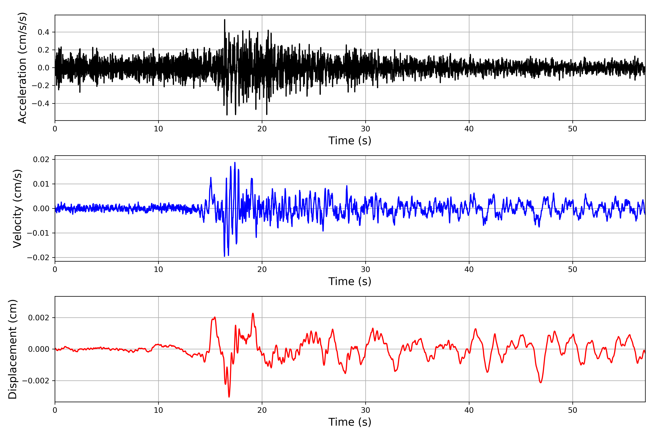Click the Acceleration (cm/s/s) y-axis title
point(22,68)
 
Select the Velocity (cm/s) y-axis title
point(17,209)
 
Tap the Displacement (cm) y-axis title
point(13,349)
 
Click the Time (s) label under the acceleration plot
point(350,141)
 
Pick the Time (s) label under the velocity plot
point(350,281)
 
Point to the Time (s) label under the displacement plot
point(350,422)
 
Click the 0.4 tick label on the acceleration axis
point(43,32)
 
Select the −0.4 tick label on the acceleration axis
point(40,103)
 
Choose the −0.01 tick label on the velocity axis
point(38,233)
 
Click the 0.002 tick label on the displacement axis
point(39,318)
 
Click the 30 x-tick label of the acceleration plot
point(365,129)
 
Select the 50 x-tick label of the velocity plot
point(573,269)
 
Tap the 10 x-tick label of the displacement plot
point(158,410)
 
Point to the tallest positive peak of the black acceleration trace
point(225,20)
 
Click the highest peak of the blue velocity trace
point(235,163)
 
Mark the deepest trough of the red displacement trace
point(229,397)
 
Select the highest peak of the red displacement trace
point(253,314)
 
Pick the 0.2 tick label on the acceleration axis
point(43,50)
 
